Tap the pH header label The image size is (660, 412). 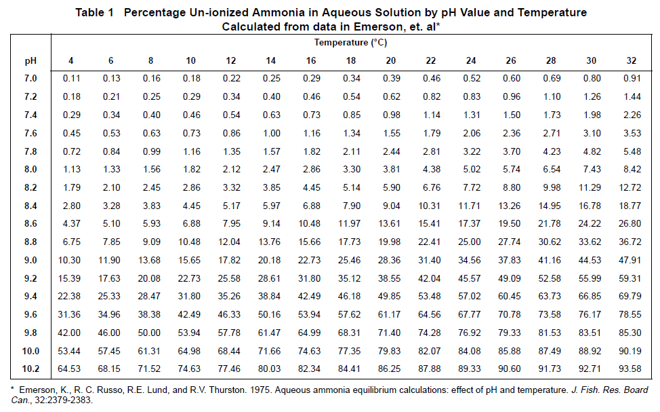click(x=30, y=60)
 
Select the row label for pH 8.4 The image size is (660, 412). click(x=31, y=204)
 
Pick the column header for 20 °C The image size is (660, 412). click(x=391, y=60)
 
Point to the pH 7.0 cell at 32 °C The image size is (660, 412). click(x=632, y=79)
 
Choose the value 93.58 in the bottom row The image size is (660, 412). click(x=632, y=369)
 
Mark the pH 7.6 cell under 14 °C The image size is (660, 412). click(x=270, y=133)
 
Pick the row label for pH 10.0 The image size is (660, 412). click(x=31, y=351)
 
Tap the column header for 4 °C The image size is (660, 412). click(x=71, y=60)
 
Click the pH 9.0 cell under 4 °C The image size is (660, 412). click(x=71, y=260)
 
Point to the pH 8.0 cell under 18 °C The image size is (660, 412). click(x=351, y=169)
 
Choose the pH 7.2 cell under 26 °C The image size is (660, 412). click(x=511, y=96)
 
